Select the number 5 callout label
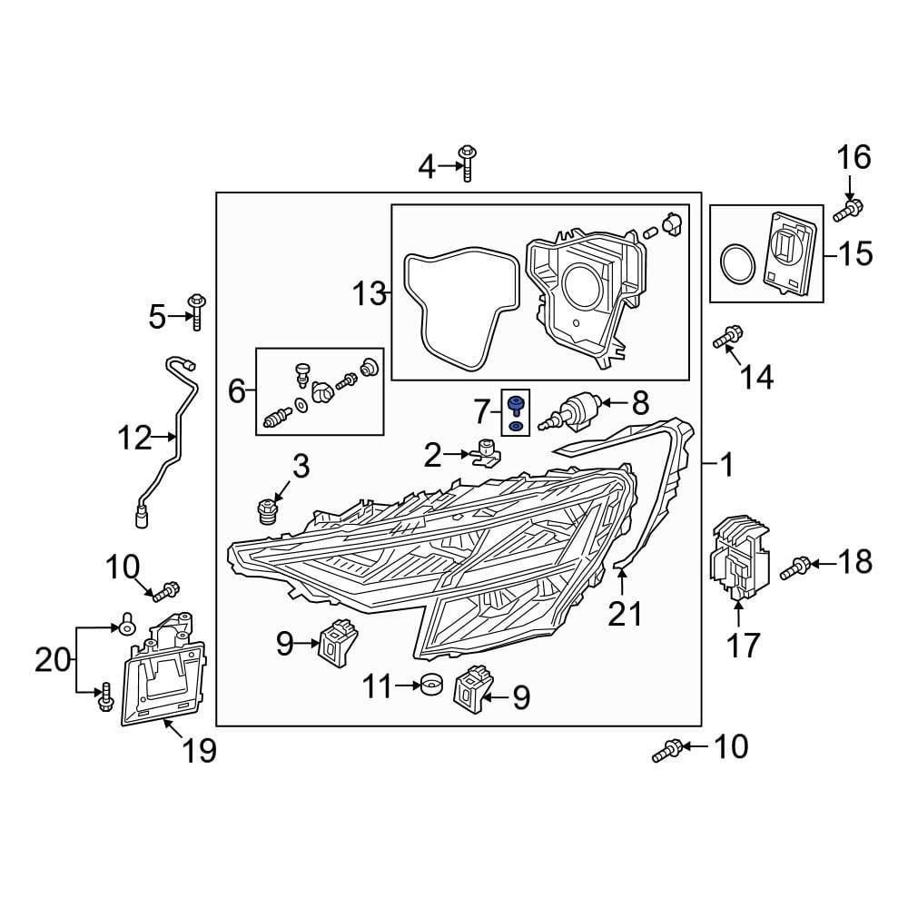click(x=157, y=317)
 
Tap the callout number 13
click(x=370, y=293)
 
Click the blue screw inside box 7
click(x=516, y=403)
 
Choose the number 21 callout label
click(x=625, y=614)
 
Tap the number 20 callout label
click(x=53, y=659)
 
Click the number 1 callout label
click(x=725, y=467)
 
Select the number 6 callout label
click(x=236, y=391)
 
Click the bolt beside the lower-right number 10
click(x=666, y=751)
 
